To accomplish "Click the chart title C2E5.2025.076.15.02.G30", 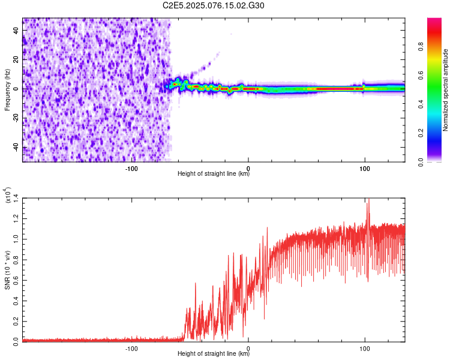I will (214, 5).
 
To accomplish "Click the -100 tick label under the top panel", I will (132, 167).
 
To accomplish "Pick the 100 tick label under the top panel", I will (365, 167).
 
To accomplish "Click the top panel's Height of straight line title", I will (214, 174).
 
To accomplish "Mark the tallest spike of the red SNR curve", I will (368, 200).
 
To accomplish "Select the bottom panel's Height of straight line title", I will (214, 355).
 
